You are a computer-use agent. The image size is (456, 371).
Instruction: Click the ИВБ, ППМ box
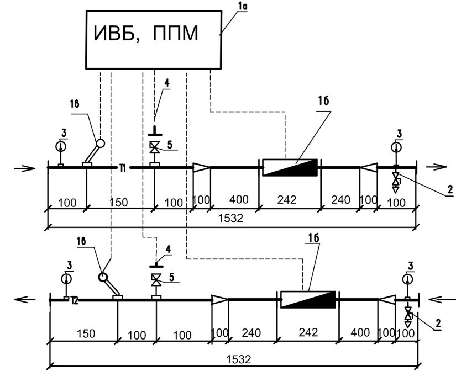pos(152,35)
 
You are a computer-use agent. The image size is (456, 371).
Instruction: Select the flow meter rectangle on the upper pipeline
pos(290,167)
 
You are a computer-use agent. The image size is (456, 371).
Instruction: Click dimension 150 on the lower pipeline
pos(86,333)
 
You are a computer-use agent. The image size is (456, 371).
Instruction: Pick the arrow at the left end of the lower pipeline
pos(25,299)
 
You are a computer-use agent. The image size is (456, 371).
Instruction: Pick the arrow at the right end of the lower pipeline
pos(441,299)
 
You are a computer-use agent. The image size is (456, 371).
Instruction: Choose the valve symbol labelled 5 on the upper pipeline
pos(154,148)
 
